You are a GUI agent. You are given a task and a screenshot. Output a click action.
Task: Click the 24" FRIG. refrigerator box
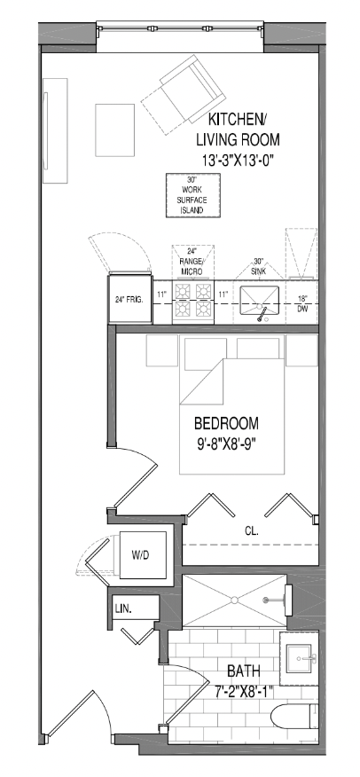point(130,299)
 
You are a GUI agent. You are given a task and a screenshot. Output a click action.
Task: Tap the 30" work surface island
point(193,195)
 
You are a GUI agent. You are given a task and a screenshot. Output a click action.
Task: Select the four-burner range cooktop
point(193,301)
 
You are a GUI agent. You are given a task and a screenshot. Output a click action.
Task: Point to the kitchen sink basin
point(259,301)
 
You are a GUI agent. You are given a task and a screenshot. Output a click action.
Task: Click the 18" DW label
point(302,303)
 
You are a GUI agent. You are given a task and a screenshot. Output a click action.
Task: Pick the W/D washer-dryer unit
point(143,555)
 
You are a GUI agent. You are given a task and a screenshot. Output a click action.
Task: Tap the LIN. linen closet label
point(123,609)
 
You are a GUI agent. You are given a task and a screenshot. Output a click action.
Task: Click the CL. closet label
point(252,531)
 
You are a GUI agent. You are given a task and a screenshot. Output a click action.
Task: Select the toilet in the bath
point(294,717)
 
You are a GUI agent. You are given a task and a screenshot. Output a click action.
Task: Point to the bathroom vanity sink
point(299,658)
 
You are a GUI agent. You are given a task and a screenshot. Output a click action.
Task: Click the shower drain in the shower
point(234,600)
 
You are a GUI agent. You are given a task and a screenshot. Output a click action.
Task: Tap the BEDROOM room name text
point(226,424)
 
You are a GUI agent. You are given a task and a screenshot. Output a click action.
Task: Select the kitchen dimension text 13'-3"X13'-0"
point(239,160)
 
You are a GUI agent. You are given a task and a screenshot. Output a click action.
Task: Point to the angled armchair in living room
point(184,94)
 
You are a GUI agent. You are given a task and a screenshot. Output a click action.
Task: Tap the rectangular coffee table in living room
point(115,129)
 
